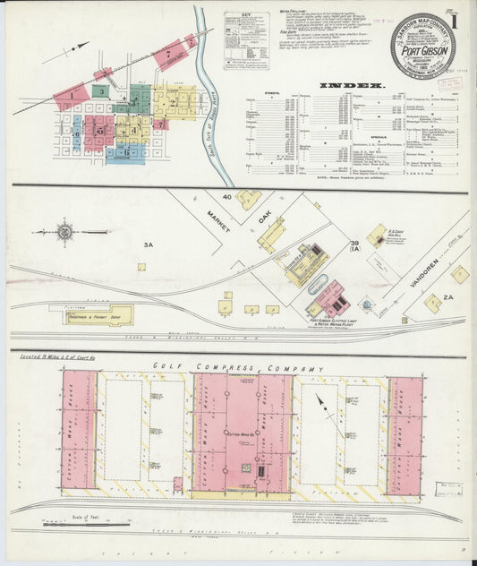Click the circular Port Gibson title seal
pos(422,45)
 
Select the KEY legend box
pos(245,40)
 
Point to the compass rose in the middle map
pos(65,232)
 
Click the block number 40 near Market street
pos(227,196)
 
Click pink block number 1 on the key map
pos(68,92)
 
